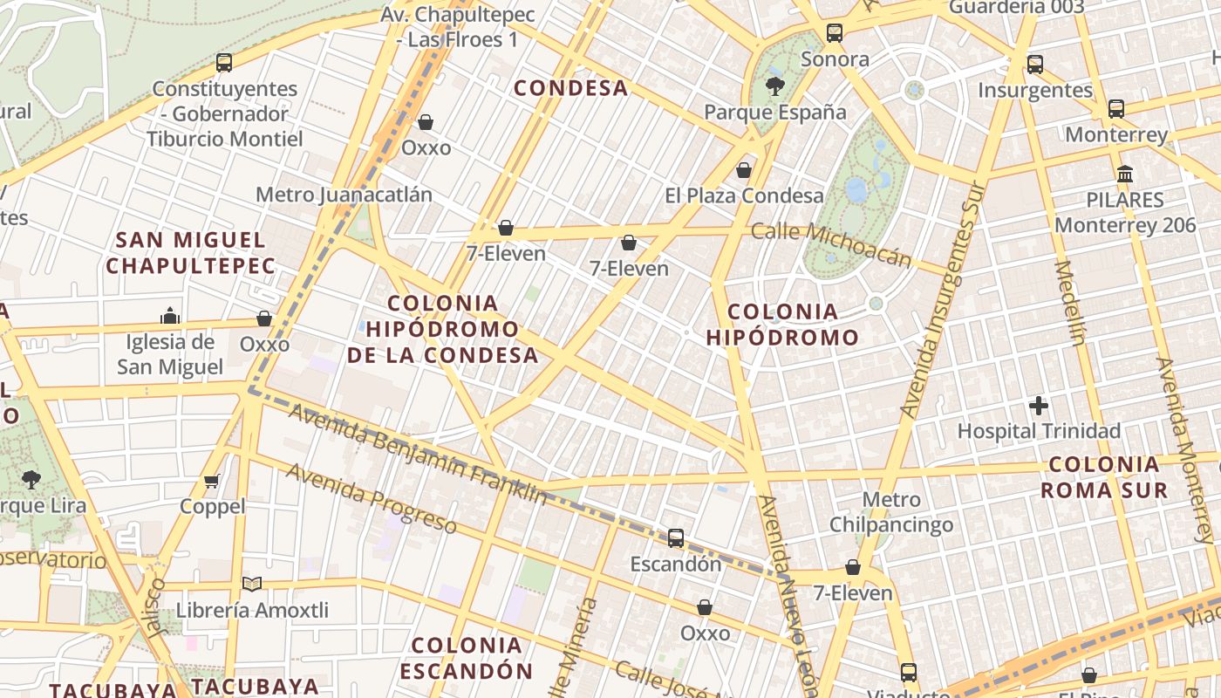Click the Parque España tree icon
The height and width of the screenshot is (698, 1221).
774,86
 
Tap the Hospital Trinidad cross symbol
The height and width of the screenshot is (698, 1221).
1038,406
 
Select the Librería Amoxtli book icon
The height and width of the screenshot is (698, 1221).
252,585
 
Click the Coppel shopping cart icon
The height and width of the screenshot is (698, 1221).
212,481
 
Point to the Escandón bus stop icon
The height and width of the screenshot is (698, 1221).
676,538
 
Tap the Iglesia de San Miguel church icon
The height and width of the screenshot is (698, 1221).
170,316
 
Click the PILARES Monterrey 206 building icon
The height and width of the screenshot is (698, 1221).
1124,174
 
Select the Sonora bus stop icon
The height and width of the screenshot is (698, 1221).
835,34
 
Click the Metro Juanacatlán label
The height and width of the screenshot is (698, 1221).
344,195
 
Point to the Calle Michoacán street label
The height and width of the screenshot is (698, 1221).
830,244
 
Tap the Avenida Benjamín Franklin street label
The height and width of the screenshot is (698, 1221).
418,454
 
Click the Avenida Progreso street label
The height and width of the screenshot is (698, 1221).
371,498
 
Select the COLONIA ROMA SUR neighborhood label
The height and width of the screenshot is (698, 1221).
1103,476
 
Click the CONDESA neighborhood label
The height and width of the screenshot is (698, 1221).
570,88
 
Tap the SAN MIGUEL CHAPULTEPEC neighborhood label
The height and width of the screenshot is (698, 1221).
190,253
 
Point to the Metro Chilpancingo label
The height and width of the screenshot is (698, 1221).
890,512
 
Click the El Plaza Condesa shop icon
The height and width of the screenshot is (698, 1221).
744,170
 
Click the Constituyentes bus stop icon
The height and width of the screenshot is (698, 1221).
224,63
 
